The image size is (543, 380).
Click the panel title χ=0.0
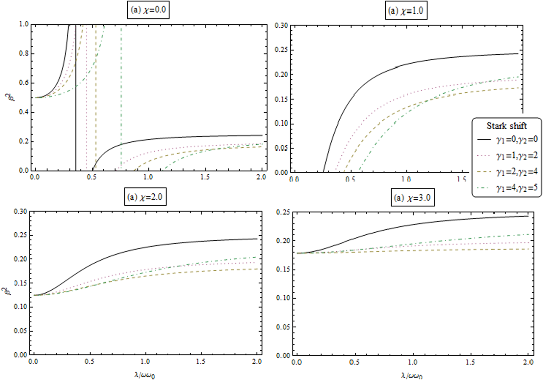click(148, 10)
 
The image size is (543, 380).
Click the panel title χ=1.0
click(406, 11)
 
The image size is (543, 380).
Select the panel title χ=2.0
click(145, 197)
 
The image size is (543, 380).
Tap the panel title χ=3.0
click(413, 198)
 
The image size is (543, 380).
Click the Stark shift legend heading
click(506, 126)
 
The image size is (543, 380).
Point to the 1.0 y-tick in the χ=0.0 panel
click(24, 24)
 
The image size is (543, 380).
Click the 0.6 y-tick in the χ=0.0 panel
click(24, 83)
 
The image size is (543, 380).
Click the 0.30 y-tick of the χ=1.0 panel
click(282, 26)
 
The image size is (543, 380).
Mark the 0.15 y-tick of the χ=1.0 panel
click(282, 99)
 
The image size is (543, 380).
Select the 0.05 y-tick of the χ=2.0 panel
click(20, 331)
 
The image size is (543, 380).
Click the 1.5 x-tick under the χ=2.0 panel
click(201, 362)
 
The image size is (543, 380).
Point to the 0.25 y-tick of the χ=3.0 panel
click(283, 212)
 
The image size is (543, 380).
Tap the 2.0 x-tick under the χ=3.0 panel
click(528, 362)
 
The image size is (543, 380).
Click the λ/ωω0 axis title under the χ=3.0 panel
click(412, 375)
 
